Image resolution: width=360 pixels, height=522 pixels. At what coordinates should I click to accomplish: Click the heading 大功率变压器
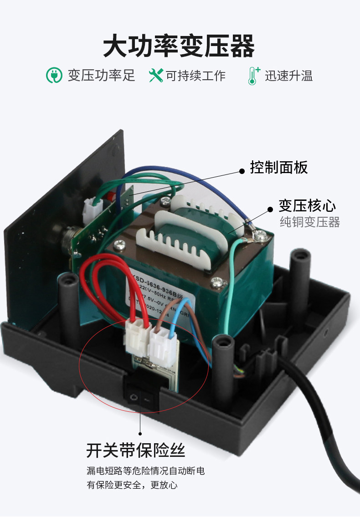click(179, 46)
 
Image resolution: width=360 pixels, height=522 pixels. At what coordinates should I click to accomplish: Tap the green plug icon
click(54, 75)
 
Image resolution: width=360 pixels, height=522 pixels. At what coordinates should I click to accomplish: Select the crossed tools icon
click(156, 75)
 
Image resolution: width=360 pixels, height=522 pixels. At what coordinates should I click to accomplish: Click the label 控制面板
click(279, 168)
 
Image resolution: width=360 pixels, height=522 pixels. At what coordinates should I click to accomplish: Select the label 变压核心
click(307, 206)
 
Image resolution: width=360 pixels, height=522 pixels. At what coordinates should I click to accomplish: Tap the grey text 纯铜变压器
click(310, 222)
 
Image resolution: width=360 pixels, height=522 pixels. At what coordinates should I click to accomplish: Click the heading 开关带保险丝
click(136, 450)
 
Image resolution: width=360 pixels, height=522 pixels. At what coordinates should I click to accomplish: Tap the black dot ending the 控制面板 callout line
click(242, 171)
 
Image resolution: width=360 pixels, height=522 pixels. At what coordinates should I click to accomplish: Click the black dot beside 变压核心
click(269, 207)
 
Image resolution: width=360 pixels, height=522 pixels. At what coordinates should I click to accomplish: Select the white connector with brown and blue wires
click(161, 344)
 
